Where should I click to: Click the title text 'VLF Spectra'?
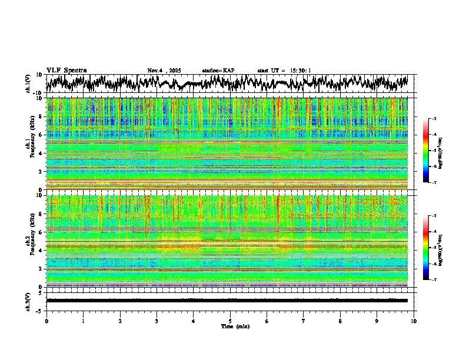66,71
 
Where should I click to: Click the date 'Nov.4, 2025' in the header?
164,71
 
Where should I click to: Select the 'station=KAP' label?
218,71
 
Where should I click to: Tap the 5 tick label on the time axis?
230,321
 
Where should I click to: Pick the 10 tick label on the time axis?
414,321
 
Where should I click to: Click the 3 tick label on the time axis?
157,321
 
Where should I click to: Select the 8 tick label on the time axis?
340,321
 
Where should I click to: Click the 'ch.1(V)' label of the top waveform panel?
28,84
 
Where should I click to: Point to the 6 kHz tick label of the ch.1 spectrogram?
42,135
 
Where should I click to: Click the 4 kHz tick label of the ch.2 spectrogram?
42,250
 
